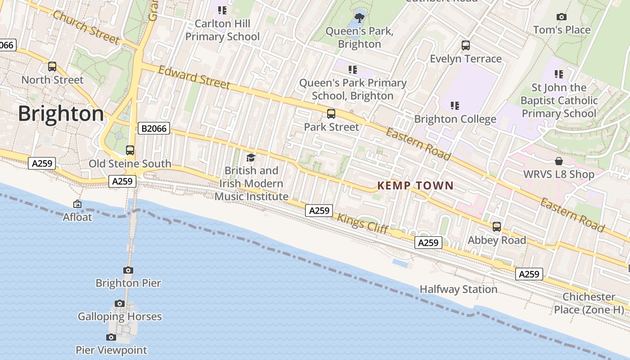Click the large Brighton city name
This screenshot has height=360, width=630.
click(x=61, y=114)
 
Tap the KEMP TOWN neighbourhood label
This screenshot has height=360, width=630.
click(x=415, y=185)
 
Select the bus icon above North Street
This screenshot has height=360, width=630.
click(x=52, y=67)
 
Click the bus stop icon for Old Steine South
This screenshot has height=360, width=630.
click(x=130, y=150)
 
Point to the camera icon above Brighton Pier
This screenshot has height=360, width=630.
click(x=128, y=270)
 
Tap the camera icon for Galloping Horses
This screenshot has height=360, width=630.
click(x=119, y=303)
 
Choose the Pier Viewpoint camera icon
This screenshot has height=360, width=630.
click(x=111, y=337)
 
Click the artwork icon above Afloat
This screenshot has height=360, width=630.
click(x=77, y=204)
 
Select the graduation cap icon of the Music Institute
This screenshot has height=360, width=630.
click(x=251, y=157)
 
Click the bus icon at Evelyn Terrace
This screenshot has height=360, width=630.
click(x=466, y=45)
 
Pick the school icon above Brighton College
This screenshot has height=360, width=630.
click(x=455, y=106)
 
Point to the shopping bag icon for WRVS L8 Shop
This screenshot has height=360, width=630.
click(x=558, y=161)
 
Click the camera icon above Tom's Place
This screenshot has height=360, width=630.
click(x=561, y=17)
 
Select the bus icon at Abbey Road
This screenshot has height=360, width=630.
click(x=497, y=227)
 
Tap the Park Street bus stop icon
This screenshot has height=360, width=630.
click(x=331, y=114)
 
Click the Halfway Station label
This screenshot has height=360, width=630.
click(x=459, y=289)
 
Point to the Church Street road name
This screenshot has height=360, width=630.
click(x=86, y=27)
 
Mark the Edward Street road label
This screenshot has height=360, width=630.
click(x=194, y=77)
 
